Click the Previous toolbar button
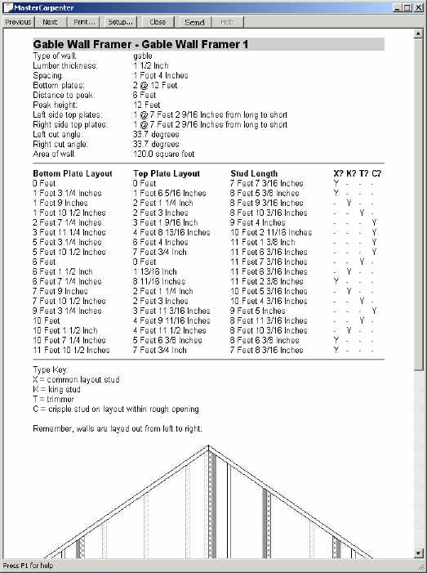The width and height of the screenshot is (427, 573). point(18,22)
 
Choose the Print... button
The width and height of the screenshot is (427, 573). point(84,22)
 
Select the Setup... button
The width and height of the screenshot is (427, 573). point(121,22)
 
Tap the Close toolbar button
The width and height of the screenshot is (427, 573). point(158,22)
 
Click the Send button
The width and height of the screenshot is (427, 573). point(194,22)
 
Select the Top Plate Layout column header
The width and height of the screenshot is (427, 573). point(166,173)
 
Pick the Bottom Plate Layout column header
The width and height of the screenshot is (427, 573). point(72,173)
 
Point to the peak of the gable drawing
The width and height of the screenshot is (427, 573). point(208,448)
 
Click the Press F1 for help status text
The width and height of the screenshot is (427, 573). point(29,566)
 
